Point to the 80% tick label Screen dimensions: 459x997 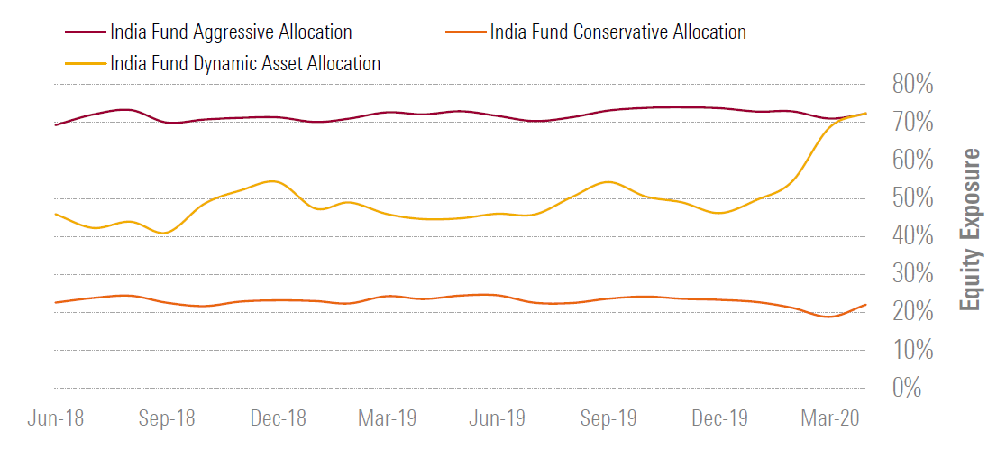pos(912,86)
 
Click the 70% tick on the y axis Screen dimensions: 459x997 pos(912,124)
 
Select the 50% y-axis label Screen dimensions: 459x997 pos(912,199)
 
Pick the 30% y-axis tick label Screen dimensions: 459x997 pos(912,275)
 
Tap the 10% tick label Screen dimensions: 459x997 pos(912,351)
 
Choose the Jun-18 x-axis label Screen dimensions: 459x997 pos(56,419)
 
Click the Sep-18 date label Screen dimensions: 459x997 pos(167,419)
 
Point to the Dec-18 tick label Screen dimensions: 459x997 pos(278,419)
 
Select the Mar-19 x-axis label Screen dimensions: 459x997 pos(388,419)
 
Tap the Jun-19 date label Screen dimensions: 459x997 pos(498,419)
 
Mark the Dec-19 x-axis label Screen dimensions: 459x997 pos(719,419)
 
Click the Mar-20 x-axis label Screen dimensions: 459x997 pos(830,419)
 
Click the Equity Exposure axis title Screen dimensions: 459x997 pos(970,230)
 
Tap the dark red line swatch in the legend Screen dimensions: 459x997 pos(85,33)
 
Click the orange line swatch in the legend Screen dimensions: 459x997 pos(465,33)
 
